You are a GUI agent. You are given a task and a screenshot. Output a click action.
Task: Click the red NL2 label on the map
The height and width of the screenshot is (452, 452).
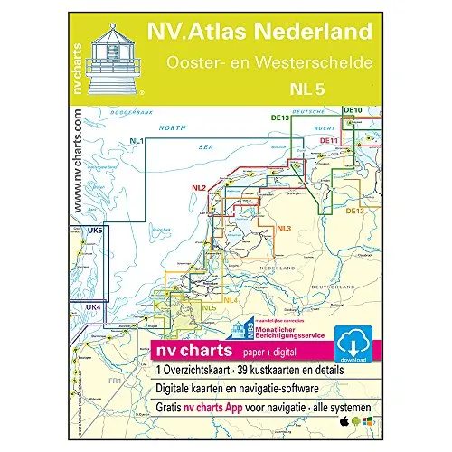[201, 188]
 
